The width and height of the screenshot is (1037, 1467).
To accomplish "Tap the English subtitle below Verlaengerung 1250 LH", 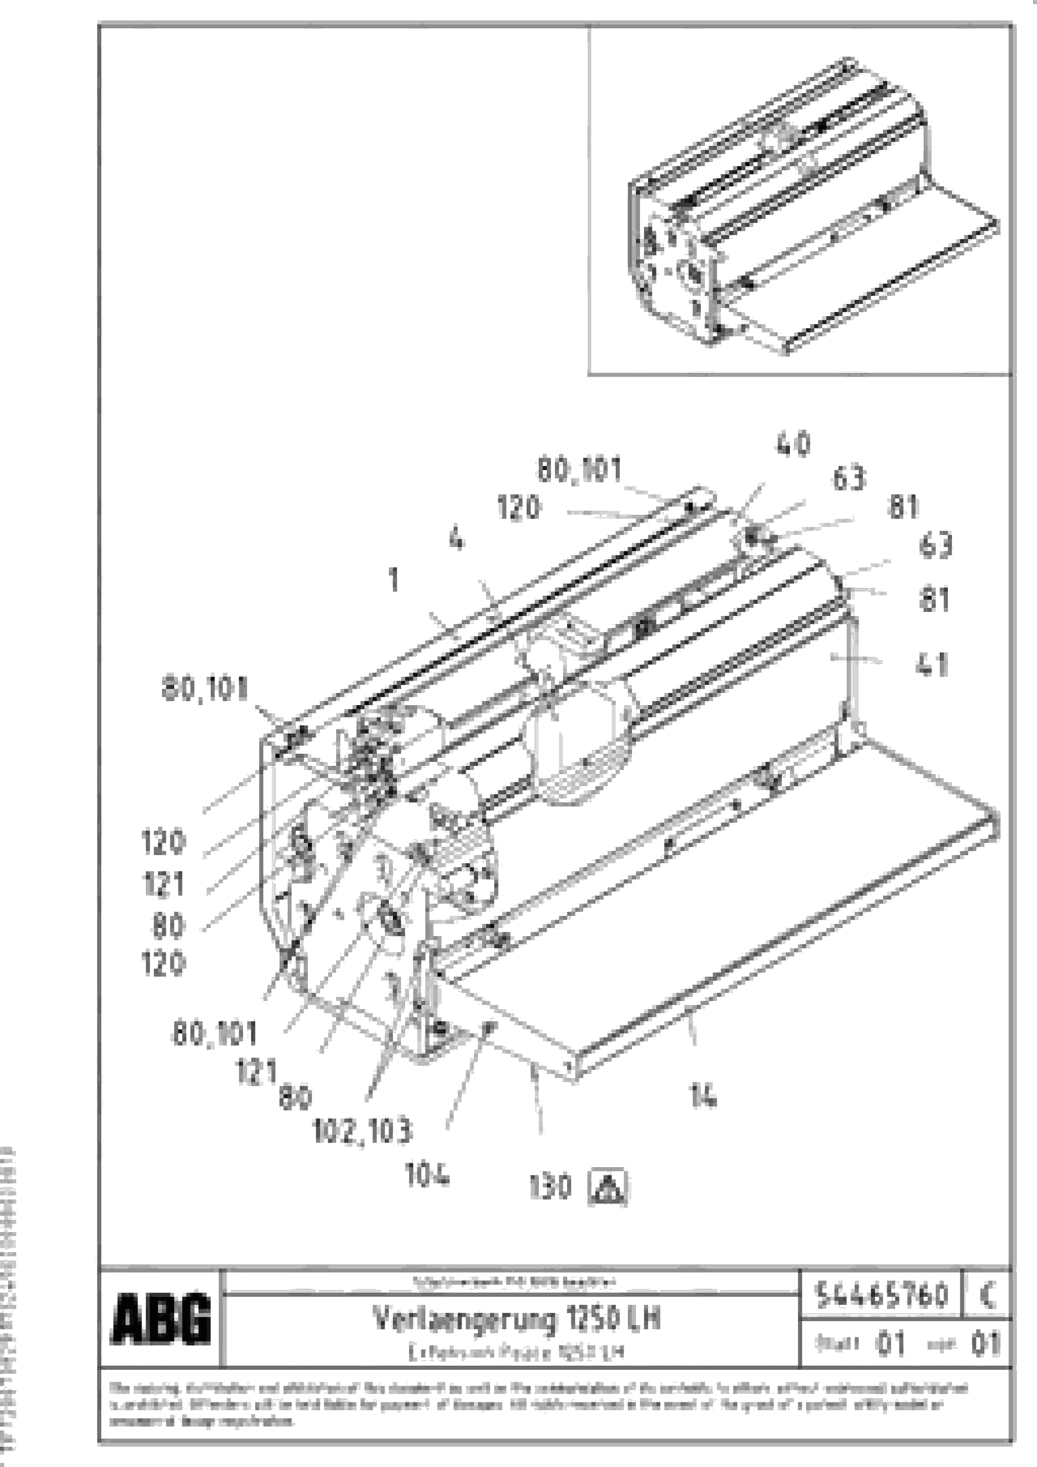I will (x=516, y=1352).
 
